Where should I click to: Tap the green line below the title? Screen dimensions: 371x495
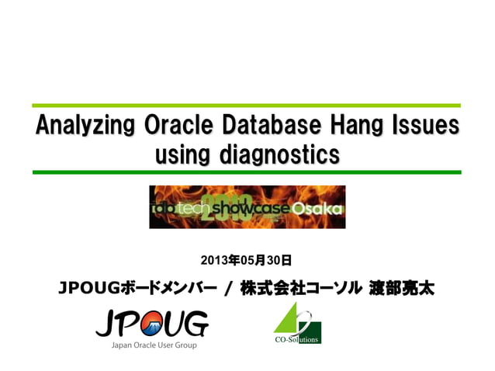tap(247, 172)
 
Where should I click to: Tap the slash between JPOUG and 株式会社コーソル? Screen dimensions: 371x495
tap(227, 290)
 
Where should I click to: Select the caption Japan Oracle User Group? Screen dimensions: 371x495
tap(151, 345)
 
